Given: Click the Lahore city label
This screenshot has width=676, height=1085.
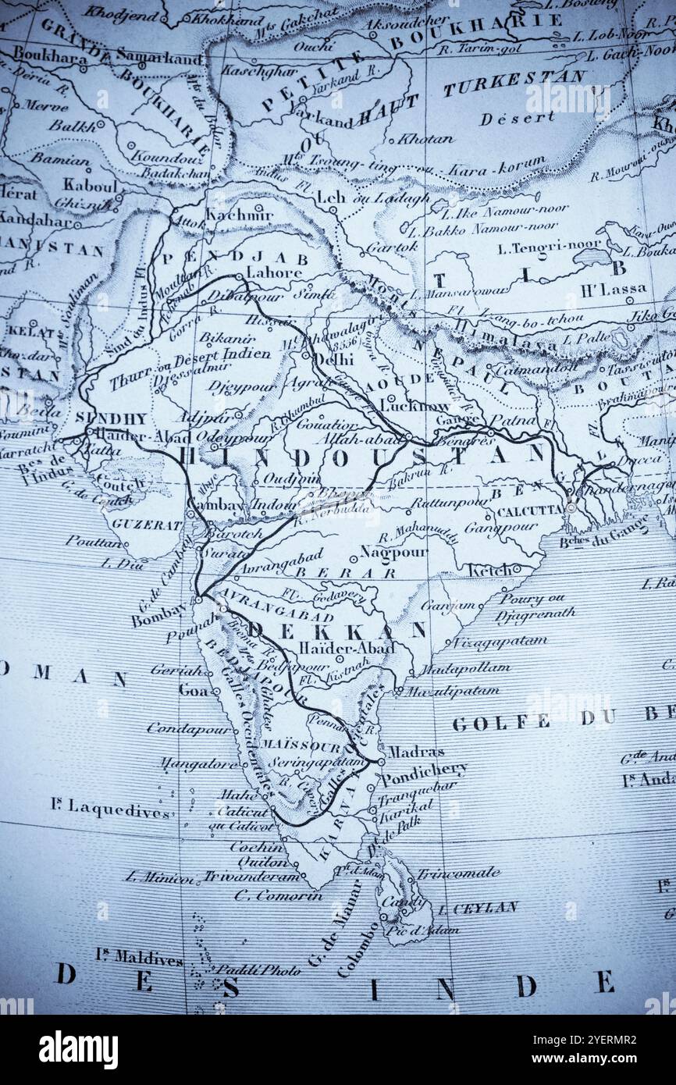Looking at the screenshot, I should [274, 273].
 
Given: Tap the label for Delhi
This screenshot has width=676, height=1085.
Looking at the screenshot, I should [336, 360].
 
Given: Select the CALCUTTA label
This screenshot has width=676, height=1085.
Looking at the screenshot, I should [530, 510].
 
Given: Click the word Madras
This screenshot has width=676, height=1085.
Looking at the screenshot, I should [416, 752].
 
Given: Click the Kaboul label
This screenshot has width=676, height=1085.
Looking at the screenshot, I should [89, 186].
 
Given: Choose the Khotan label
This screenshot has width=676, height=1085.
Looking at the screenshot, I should [425, 139].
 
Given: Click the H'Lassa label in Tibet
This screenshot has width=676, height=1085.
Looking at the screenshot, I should [614, 289].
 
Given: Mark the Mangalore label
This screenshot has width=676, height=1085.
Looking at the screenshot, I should [199, 763].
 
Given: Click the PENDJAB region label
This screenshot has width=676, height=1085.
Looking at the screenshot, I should [234, 258].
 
